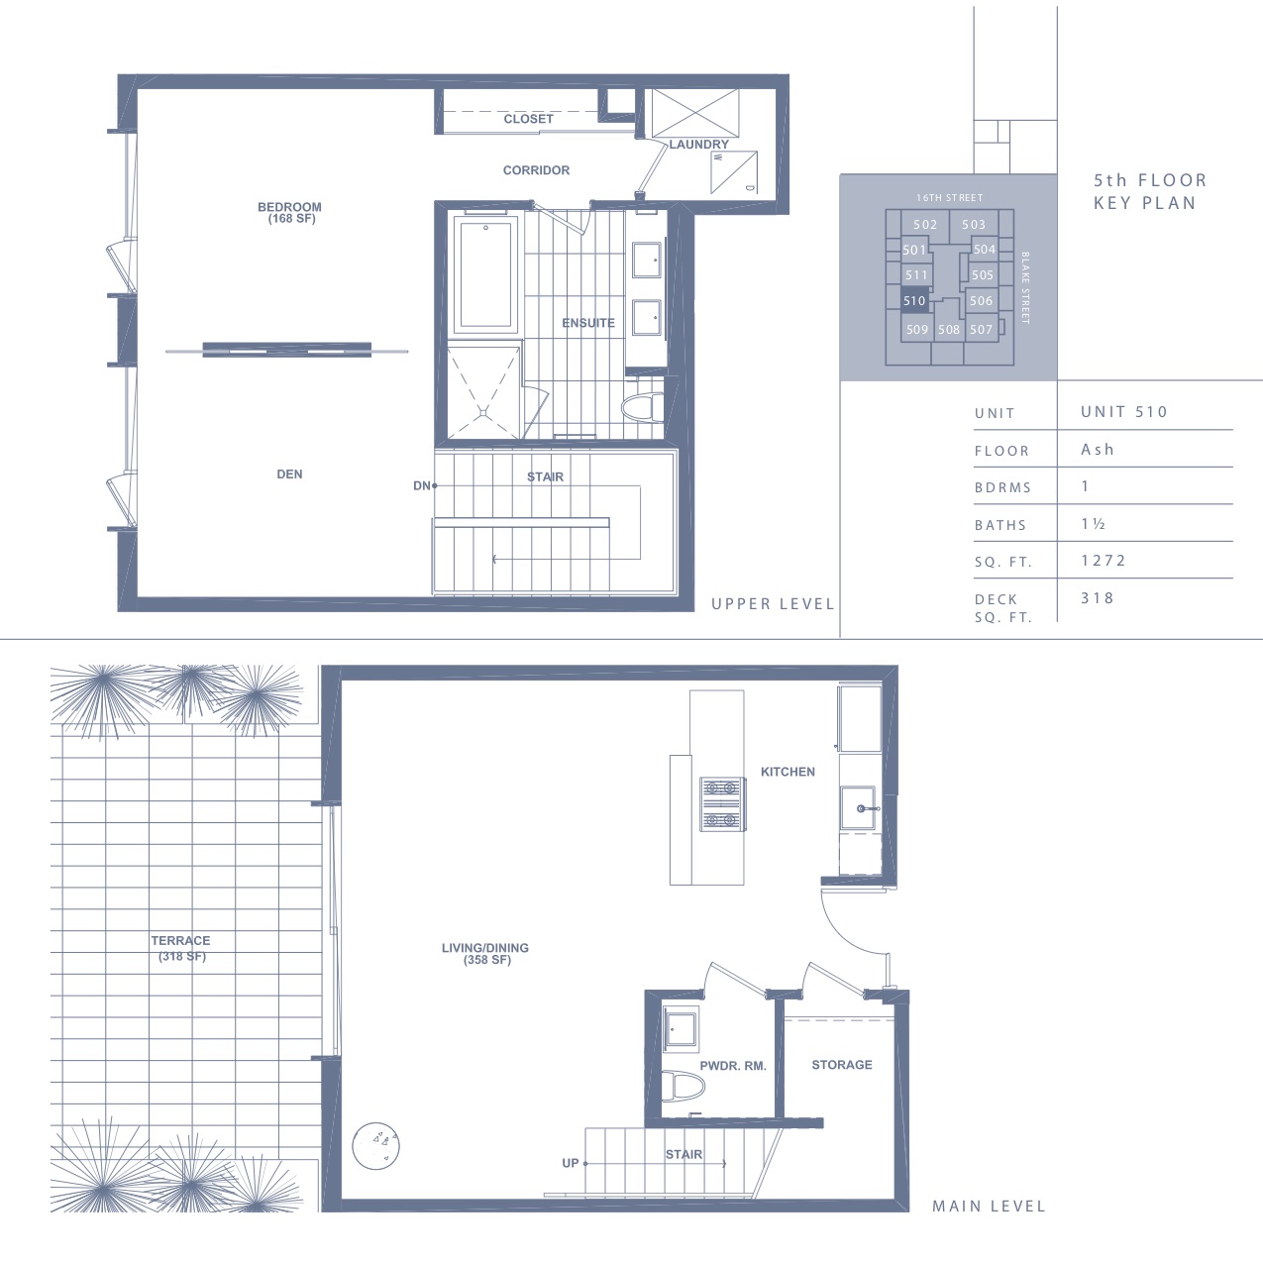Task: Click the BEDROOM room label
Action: pos(289,207)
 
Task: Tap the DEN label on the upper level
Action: pos(289,474)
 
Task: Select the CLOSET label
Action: pos(528,119)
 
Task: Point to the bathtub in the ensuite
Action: pos(485,274)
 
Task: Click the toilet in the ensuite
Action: pos(642,407)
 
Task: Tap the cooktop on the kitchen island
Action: pos(721,803)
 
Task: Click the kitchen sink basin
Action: pos(858,808)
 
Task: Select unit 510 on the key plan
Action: pos(914,300)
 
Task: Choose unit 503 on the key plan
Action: pos(974,224)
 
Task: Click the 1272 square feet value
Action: pos(1104,561)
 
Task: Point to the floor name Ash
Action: pos(1098,450)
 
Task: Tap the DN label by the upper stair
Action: pos(421,485)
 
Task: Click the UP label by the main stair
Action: pos(571,1163)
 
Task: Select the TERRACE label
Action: pos(181,940)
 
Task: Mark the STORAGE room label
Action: pos(842,1065)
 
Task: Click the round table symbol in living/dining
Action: pos(375,1146)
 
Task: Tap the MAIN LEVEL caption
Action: pos(989,1206)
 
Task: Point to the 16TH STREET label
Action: pos(950,197)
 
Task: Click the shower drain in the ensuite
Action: pos(483,412)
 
